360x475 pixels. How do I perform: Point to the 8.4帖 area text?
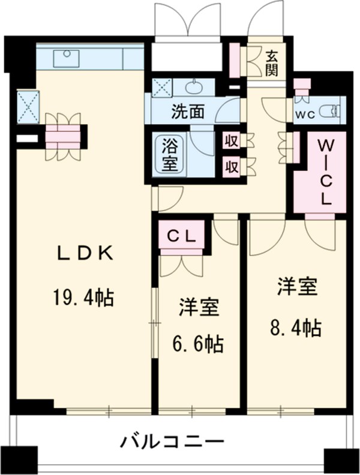(293, 327)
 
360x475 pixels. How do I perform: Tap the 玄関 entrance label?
(272, 62)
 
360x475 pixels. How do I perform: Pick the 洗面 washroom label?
(188, 112)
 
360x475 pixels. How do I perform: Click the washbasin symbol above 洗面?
(194, 88)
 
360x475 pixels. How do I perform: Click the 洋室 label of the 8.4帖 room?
(296, 287)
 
